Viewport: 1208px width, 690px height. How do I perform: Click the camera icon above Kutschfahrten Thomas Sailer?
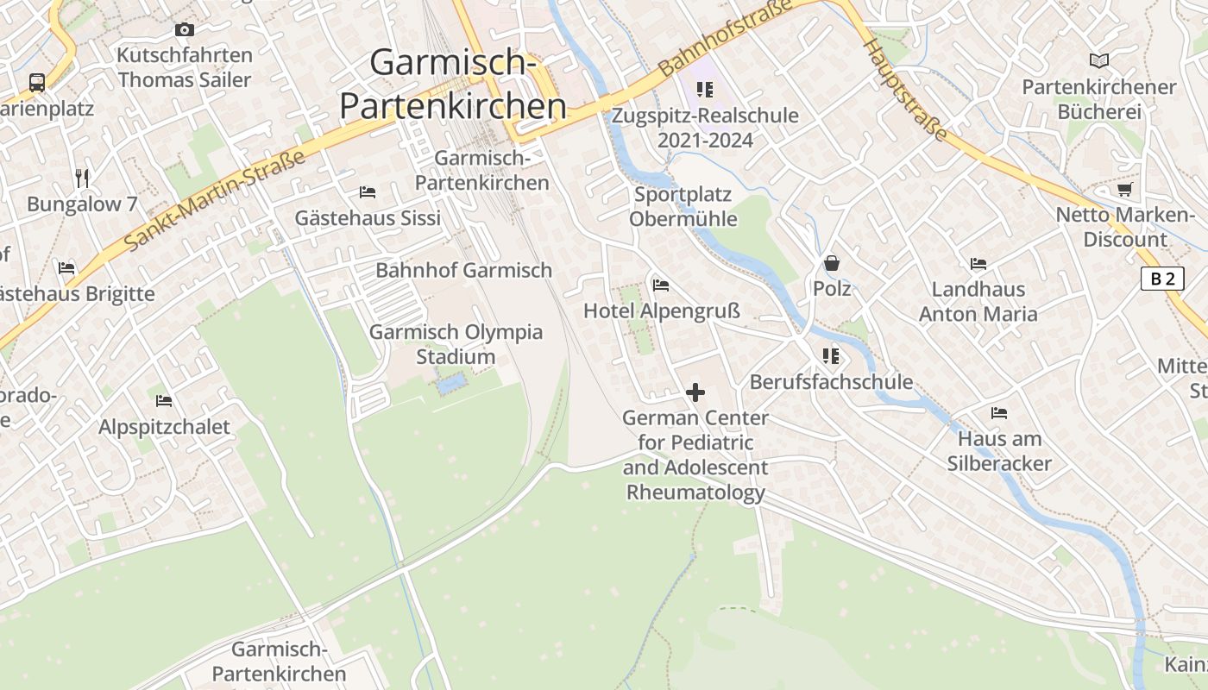tap(184, 30)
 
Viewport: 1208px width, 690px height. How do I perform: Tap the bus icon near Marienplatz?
tap(36, 83)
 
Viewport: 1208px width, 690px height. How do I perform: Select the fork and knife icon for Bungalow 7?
tap(82, 179)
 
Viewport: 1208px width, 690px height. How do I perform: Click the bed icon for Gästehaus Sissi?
tap(368, 191)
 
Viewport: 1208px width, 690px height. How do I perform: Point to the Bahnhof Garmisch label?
tap(463, 270)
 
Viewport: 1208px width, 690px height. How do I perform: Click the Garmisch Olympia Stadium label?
tap(456, 344)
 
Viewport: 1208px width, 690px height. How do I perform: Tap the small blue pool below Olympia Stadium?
tap(452, 383)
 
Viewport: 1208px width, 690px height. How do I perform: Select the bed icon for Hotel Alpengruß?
tap(661, 285)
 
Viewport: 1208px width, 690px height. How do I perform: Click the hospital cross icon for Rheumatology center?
tap(695, 392)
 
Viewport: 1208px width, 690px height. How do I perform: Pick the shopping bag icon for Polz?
tap(832, 263)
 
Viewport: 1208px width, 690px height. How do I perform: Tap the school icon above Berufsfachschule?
tap(831, 355)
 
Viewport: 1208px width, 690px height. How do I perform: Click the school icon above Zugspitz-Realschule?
tap(705, 90)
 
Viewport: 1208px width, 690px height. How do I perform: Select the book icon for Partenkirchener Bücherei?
tap(1098, 60)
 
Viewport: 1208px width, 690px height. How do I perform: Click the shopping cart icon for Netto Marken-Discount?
tap(1124, 189)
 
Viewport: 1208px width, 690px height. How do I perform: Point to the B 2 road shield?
tap(1162, 279)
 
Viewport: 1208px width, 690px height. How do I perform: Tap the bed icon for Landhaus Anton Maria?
tap(978, 264)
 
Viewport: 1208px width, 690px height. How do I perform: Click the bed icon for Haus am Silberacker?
tap(999, 413)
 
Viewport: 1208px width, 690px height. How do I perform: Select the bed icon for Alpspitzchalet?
tap(164, 401)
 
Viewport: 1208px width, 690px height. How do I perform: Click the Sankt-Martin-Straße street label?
tap(215, 201)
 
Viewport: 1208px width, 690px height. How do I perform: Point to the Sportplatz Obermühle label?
tap(683, 206)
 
